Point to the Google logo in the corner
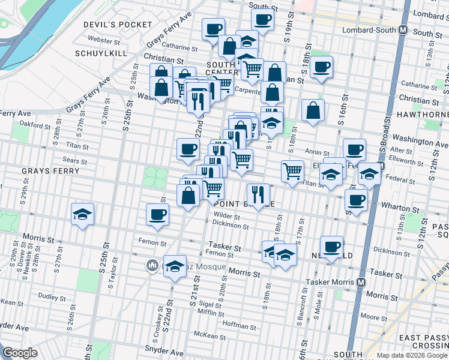(x=20, y=352)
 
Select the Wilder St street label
(x=227, y=215)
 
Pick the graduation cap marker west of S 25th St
(x=82, y=214)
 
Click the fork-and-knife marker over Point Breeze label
(x=258, y=194)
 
